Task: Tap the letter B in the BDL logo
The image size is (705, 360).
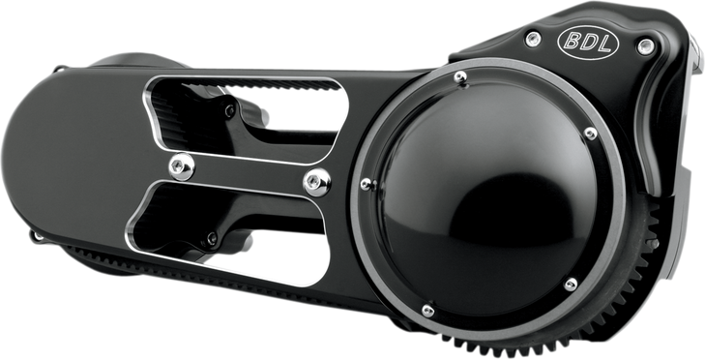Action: [x=571, y=43]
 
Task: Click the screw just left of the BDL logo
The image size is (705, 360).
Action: [x=531, y=38]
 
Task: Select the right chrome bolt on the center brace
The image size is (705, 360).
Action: [x=310, y=179]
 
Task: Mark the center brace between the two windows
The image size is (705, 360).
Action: [x=242, y=172]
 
